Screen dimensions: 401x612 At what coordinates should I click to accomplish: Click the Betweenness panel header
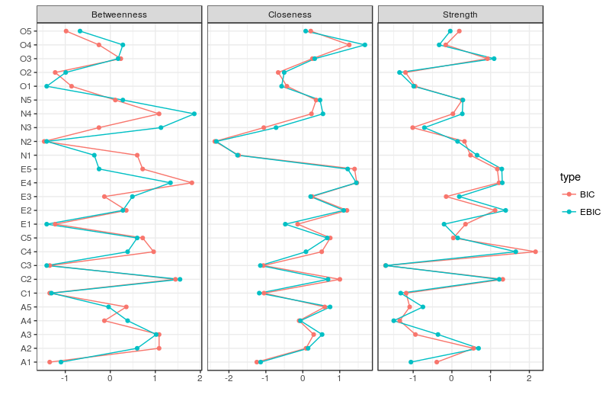coord(119,14)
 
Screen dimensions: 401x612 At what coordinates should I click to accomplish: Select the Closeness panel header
coord(290,14)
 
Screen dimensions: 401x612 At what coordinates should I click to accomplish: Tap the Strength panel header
coord(460,14)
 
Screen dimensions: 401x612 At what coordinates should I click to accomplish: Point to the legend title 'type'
coord(570,177)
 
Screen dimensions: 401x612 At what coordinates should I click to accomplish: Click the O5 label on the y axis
coord(26,31)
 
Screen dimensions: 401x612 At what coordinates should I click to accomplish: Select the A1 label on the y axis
coord(26,362)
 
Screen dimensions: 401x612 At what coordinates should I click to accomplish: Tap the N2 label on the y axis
coord(26,142)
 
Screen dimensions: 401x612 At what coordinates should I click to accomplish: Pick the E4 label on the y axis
coord(26,183)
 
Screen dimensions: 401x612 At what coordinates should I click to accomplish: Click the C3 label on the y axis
coord(26,265)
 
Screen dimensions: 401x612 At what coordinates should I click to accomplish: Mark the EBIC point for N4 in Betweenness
coord(194,114)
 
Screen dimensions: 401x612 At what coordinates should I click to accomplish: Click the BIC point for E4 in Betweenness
coord(191,183)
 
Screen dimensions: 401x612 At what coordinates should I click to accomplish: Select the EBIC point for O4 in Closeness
coord(364,45)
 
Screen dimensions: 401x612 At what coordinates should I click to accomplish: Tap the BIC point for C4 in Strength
coord(535,252)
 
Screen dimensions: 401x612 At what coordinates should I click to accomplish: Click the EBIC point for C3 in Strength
coord(386,265)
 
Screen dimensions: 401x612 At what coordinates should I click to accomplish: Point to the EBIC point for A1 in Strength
coord(411,362)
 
